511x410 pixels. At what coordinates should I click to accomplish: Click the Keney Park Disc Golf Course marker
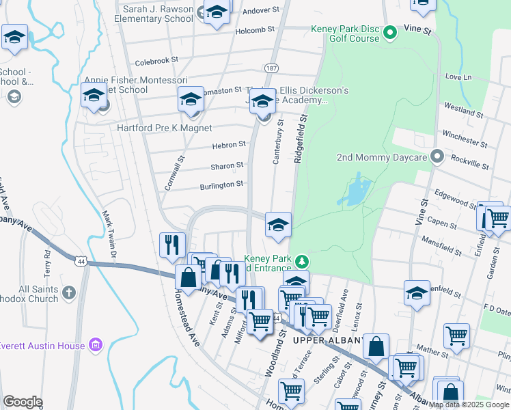tap(389, 32)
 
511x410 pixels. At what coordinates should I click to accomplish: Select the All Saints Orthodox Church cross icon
tap(68, 293)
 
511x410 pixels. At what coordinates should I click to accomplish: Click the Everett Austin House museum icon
tap(96, 345)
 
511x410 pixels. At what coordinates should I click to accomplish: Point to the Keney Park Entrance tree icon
tap(301, 261)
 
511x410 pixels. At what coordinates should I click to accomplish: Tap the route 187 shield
tap(271, 69)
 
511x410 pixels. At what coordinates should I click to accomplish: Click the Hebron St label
tap(228, 145)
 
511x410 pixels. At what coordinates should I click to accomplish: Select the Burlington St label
tap(221, 185)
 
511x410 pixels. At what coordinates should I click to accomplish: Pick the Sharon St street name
tap(227, 165)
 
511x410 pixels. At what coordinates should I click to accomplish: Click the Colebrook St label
tap(156, 61)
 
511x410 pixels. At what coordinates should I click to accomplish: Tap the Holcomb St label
tap(255, 30)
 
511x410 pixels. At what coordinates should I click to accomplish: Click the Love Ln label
tap(458, 77)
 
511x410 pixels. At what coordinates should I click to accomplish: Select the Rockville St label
tap(471, 165)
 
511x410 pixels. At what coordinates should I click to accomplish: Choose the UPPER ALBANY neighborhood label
tap(322, 340)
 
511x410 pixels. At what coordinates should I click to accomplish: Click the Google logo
tap(23, 402)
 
